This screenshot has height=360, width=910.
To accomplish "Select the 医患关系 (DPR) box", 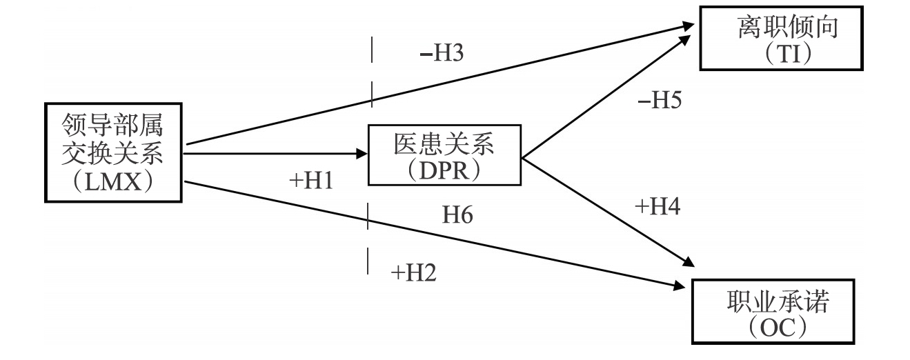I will [x=446, y=155].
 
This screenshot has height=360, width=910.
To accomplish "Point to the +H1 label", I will [x=310, y=181].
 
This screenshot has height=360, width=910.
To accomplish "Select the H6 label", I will [x=457, y=216].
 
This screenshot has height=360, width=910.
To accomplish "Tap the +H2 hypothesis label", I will [x=413, y=273].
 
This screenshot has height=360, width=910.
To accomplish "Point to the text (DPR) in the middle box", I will [x=445, y=170].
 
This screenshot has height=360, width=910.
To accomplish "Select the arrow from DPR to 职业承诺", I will [x=607, y=210].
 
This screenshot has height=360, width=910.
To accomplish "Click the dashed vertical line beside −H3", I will [x=372, y=72].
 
